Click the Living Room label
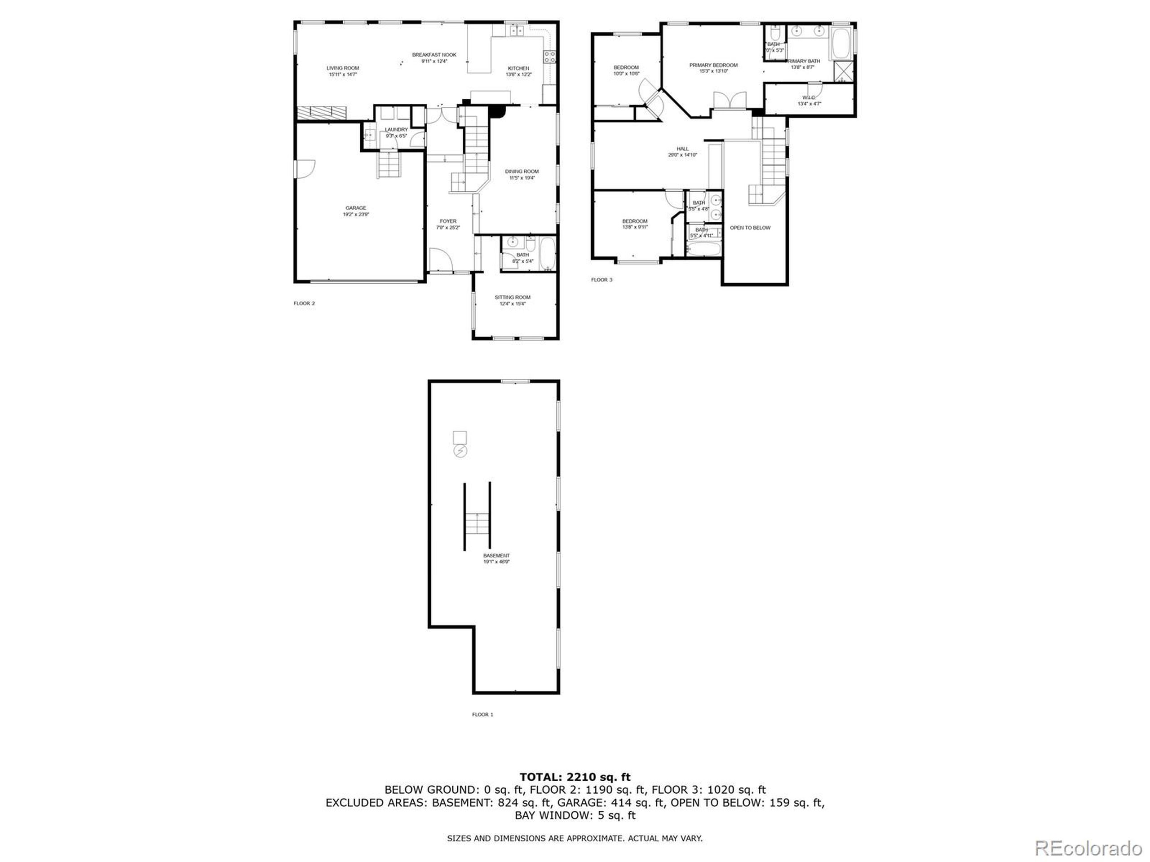pos(343,68)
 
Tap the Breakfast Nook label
pos(434,55)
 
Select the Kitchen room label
pos(518,68)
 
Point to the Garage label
pos(356,208)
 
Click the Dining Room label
pos(522,172)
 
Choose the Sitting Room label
pos(513,297)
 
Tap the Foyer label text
pos(448,221)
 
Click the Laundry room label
pos(396,129)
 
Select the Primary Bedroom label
pos(713,65)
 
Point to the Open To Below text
pos(750,228)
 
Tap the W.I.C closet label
pos(809,98)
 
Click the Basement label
pos(496,555)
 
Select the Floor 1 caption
pos(482,714)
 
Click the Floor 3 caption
pos(602,280)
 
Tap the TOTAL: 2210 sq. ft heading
pos(575,777)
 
